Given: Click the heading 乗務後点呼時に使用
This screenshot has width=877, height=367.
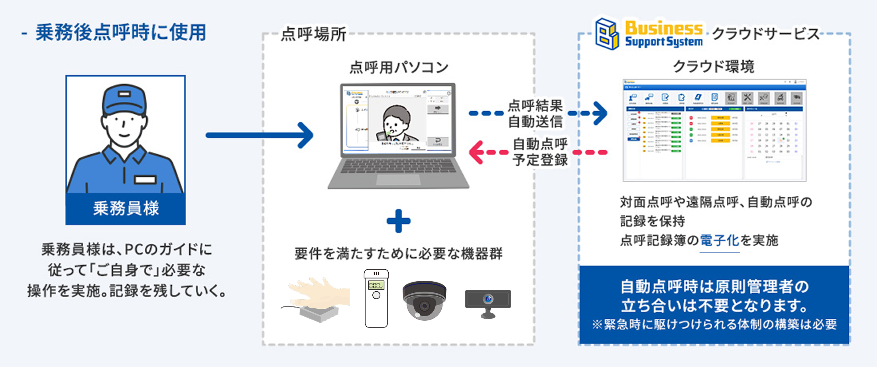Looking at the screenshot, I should pos(120,33).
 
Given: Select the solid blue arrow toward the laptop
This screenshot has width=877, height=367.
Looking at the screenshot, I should pos(259,135).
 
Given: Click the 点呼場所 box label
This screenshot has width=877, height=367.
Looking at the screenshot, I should pos(313,34).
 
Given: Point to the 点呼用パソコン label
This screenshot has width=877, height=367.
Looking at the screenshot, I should pos(399,67).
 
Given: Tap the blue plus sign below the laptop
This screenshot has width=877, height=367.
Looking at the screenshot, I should pos(399,221).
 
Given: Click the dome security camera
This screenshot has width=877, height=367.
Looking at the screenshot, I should pos(424,300).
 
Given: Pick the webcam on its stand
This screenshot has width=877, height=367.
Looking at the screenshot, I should pos(488,303).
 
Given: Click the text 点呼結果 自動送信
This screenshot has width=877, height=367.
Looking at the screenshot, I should pos(535,113).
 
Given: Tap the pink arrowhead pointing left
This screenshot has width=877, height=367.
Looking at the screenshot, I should pos(476,152).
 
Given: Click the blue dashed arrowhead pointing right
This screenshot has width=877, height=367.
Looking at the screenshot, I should pos(600,113).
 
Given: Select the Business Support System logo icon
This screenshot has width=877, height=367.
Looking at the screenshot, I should pos(607,34).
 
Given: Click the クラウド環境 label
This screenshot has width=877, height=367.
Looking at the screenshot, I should pos(714,66).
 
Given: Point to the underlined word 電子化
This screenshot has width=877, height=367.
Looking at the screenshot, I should pos(720,241).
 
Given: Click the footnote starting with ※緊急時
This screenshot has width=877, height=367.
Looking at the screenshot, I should pos(714,325).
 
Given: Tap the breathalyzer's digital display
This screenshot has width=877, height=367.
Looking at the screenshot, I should pos(376,285).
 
